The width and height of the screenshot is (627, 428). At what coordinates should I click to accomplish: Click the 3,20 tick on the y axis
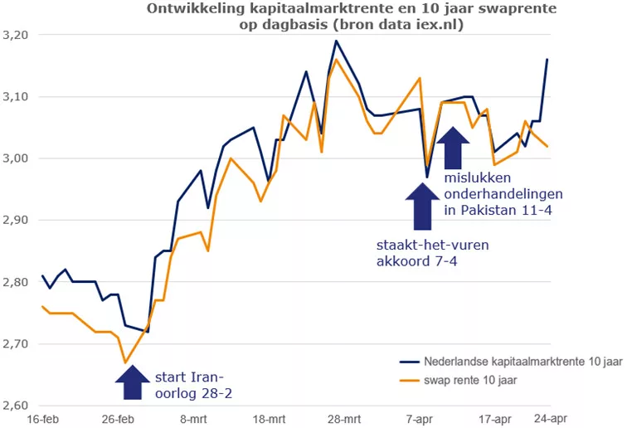coord(16,36)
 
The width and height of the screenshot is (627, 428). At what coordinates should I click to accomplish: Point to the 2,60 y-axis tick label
coord(16,405)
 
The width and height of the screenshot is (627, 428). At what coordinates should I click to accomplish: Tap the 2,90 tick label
coord(16,221)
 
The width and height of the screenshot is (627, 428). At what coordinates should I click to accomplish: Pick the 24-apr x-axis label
coord(550,419)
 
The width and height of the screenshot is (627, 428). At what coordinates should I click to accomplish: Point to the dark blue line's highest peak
coord(336,41)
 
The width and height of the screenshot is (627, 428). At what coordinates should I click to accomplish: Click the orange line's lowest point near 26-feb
coord(125,362)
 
